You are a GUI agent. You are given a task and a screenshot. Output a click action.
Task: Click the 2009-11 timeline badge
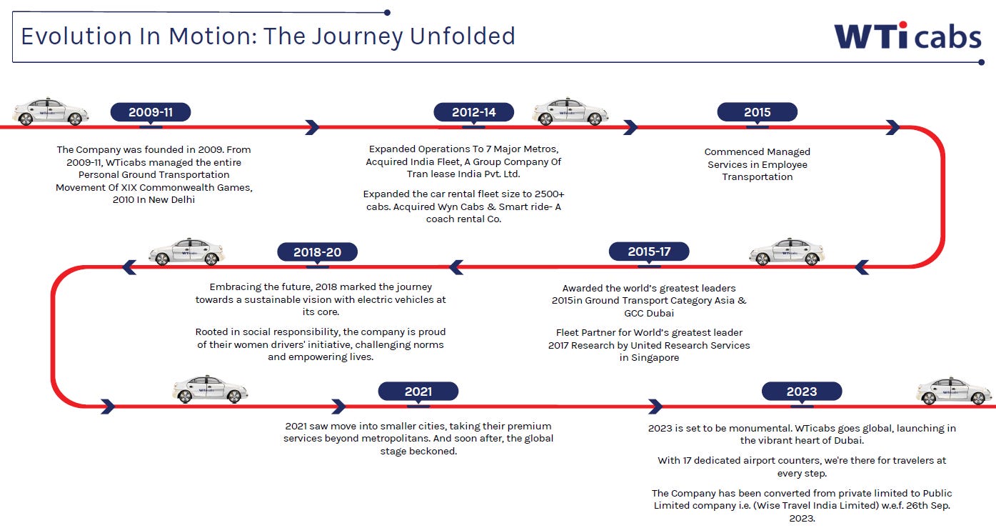tap(151, 112)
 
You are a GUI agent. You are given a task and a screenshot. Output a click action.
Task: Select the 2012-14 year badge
tap(474, 112)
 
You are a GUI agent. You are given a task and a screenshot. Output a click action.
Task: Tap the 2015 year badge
tap(757, 112)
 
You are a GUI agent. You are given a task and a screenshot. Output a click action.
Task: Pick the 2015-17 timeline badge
tap(649, 251)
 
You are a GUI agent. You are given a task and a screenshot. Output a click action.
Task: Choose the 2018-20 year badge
tap(318, 252)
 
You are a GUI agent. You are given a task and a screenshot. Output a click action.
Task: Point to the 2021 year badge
tap(418, 392)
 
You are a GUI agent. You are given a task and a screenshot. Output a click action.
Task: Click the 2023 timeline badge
tap(802, 392)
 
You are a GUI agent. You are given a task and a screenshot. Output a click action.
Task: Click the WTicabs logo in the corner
tap(907, 36)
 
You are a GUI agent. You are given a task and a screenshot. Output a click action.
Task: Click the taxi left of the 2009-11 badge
tap(51, 111)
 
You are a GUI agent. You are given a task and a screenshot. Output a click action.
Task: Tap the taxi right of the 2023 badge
tap(954, 391)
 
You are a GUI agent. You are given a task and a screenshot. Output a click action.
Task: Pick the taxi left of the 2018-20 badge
tap(186, 251)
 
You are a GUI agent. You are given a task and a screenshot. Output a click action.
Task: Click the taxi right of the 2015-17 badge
tap(787, 251)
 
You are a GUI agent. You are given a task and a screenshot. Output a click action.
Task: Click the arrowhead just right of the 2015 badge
tap(892, 127)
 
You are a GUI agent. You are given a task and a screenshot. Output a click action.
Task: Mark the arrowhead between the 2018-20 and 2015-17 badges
tap(456, 267)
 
